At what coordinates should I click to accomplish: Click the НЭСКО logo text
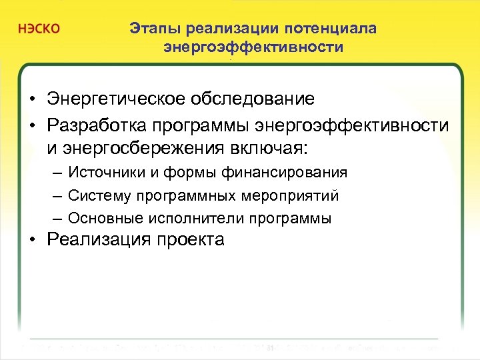pyautogui.click(x=38, y=30)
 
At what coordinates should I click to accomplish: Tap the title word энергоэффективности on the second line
pyautogui.click(x=253, y=47)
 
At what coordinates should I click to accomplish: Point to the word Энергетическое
pyautogui.click(x=117, y=99)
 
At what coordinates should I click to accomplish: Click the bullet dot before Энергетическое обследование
pyautogui.click(x=33, y=100)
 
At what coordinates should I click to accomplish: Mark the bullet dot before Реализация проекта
pyautogui.click(x=33, y=241)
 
